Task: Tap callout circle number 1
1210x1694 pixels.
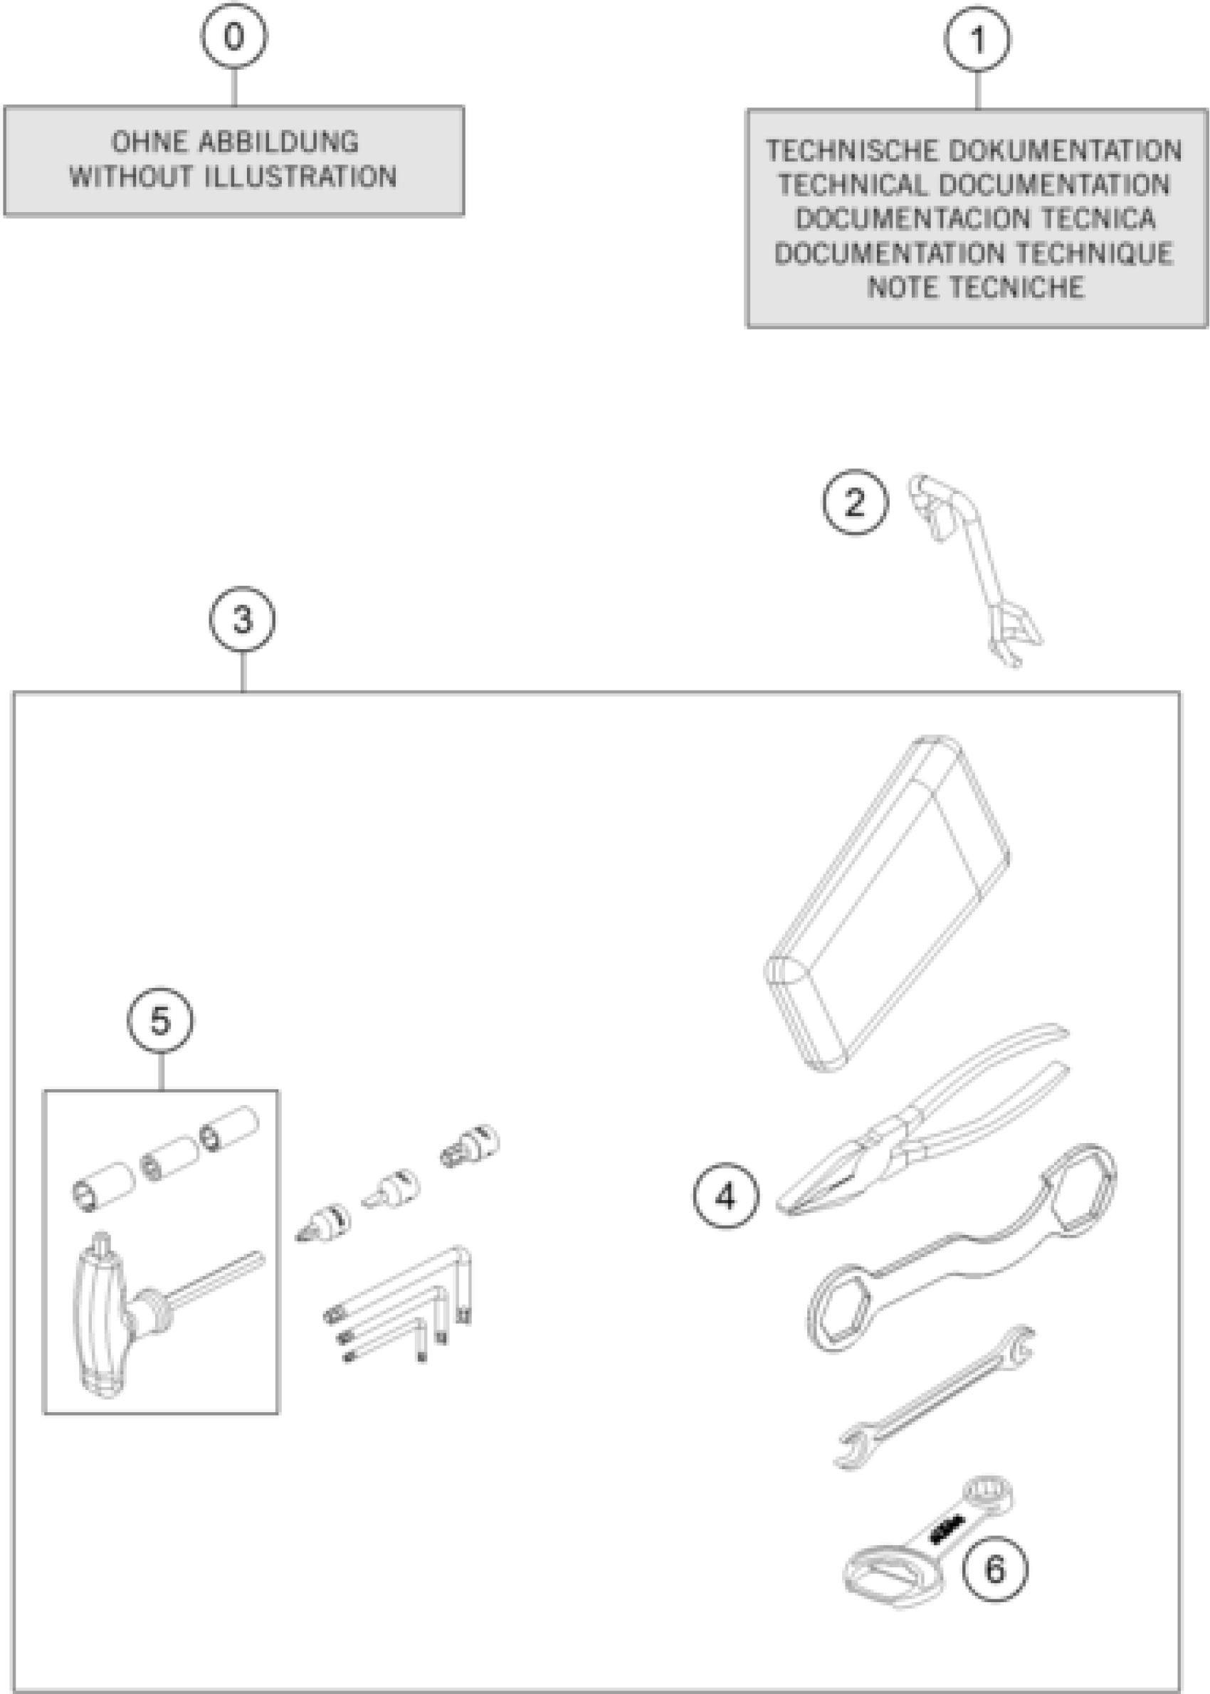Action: pyautogui.click(x=977, y=39)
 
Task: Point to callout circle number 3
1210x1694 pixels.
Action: pyautogui.click(x=242, y=619)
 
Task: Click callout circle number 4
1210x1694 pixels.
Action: pyautogui.click(x=726, y=1196)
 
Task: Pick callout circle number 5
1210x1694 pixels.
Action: pyautogui.click(x=160, y=1020)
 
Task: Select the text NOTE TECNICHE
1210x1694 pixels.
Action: pyautogui.click(x=976, y=288)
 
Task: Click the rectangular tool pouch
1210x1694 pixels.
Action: pyautogui.click(x=887, y=901)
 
